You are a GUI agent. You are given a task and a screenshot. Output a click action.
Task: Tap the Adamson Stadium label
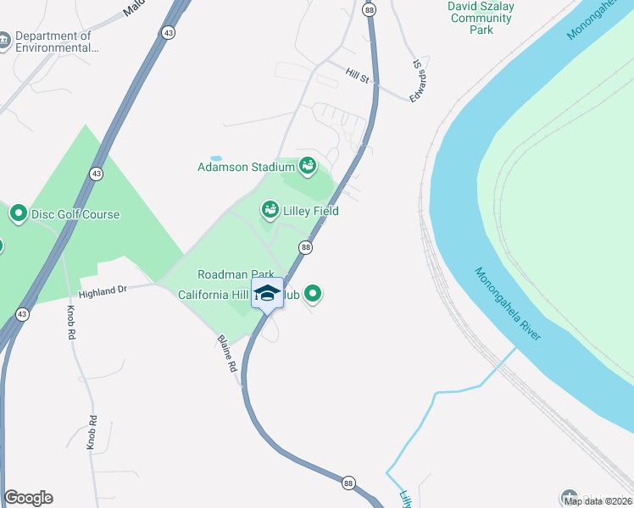246,166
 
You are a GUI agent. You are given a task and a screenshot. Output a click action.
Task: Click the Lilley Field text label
310,211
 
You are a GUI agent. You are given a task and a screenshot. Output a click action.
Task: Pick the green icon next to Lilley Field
270,207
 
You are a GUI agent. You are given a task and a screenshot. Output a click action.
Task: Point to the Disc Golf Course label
75,214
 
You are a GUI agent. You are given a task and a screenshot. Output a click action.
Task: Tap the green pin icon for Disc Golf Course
18,213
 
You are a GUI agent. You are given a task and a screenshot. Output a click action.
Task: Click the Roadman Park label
235,274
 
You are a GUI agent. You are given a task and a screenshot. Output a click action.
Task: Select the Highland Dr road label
103,290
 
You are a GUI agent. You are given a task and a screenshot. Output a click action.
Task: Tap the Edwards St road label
416,80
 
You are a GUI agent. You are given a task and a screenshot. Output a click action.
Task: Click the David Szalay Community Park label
481,17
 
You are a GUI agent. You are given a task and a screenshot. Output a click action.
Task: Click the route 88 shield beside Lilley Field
306,246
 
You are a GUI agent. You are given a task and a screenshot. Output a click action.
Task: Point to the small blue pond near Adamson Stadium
216,158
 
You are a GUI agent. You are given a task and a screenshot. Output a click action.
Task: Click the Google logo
28,498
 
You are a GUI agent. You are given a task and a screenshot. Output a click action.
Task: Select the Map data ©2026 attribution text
597,501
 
